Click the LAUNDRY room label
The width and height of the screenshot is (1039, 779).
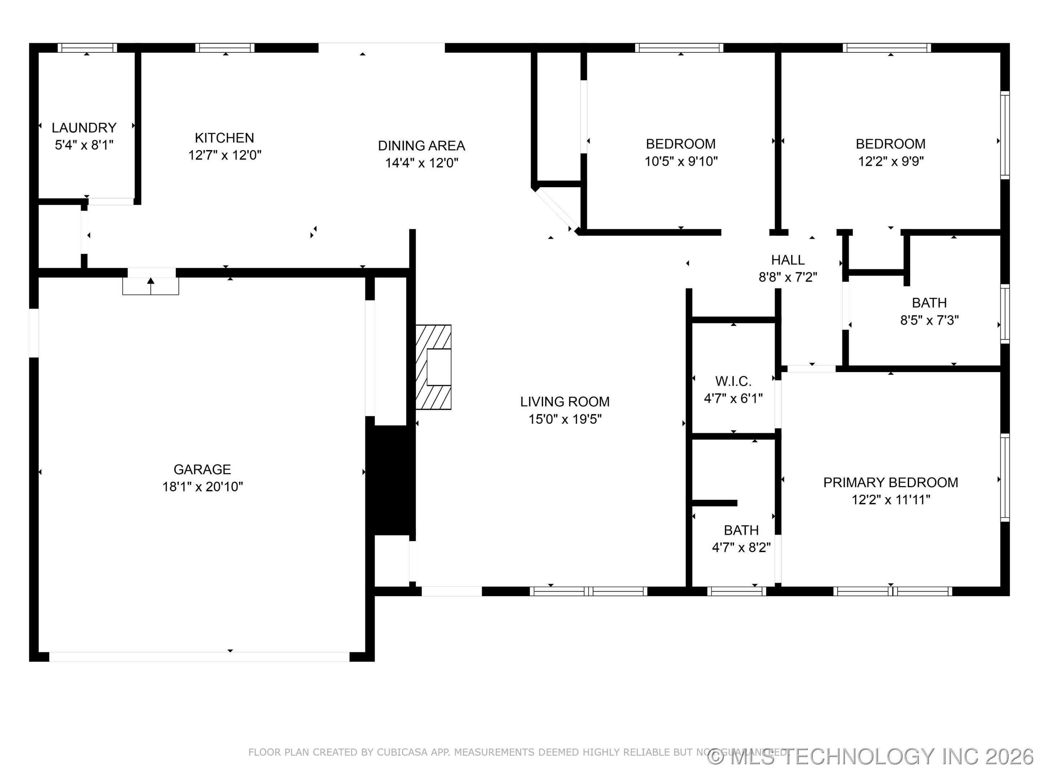tap(84, 128)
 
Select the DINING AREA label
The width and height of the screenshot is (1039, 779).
tap(421, 146)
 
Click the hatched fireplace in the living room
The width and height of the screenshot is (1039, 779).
tap(433, 367)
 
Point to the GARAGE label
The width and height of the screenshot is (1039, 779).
tap(202, 469)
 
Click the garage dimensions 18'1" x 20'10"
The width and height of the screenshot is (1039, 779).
tap(202, 487)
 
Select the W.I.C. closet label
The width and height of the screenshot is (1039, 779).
tap(733, 381)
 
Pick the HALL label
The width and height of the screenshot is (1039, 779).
tap(788, 260)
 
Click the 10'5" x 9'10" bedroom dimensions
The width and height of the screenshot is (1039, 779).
tap(681, 161)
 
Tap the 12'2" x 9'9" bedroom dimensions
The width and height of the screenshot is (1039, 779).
tap(891, 161)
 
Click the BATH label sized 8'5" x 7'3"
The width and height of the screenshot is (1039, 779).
tap(929, 303)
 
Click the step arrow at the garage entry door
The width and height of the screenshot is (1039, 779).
tap(151, 285)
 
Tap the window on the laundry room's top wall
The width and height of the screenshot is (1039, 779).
tap(87, 48)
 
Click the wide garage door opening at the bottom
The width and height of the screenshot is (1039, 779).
tap(199, 656)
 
